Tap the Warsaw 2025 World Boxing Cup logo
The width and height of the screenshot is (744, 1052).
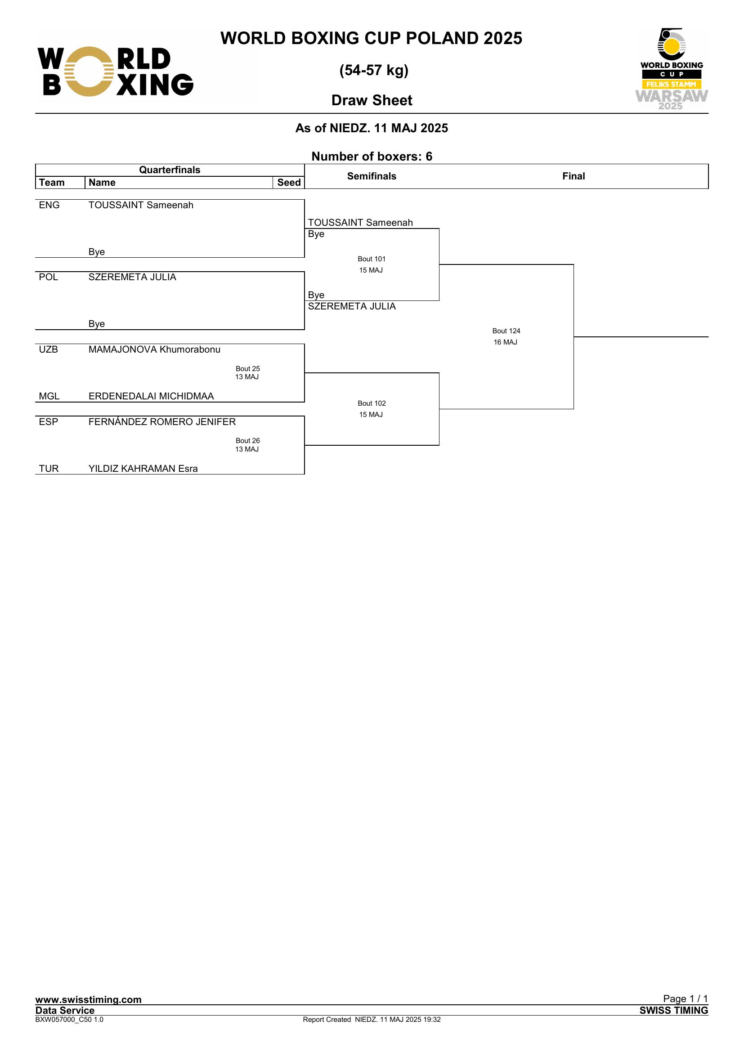coord(671,69)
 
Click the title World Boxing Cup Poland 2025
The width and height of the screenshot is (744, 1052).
coord(371,38)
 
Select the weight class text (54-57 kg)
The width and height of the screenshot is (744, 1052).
coord(374,70)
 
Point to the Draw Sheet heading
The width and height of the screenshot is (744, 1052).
coord(372,100)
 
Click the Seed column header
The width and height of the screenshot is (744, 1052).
coord(289,182)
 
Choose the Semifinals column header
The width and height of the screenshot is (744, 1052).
coord(372,176)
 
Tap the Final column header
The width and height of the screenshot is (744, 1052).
coord(573,176)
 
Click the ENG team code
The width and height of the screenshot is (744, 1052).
coord(49,205)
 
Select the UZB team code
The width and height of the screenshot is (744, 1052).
coord(49,349)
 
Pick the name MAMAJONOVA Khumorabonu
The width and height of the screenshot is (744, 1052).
coord(154,349)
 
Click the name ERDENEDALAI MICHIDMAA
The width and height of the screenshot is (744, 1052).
coord(151,396)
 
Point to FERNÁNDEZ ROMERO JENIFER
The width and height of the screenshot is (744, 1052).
coord(162,422)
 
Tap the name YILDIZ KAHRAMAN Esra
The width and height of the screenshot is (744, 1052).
coord(143,469)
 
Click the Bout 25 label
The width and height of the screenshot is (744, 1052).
coord(247,369)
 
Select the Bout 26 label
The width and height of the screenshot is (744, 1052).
coord(247,441)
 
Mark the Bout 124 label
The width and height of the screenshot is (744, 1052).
coord(506,331)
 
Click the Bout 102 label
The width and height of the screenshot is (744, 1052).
coord(372,403)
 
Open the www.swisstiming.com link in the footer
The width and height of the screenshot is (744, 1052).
coord(89,999)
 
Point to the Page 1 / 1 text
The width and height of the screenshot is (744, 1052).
coord(686,998)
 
